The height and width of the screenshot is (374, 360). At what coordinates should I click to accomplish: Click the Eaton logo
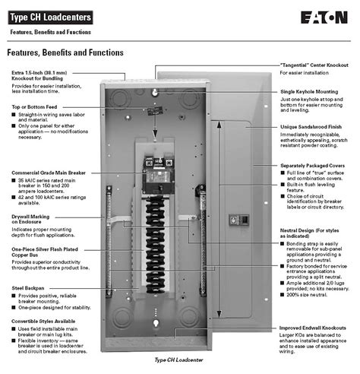point(324,16)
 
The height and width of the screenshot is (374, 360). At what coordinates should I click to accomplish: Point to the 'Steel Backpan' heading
point(30,287)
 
